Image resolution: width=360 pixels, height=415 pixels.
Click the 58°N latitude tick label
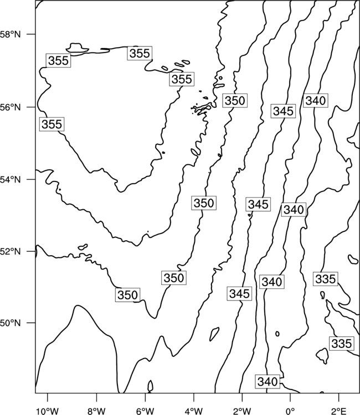point(10,34)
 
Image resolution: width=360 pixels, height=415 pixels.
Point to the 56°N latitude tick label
point(10,107)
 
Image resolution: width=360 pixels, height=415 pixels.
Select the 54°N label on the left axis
point(10,180)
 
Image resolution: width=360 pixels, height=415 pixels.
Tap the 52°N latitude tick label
point(10,251)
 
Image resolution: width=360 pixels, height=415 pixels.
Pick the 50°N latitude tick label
point(10,323)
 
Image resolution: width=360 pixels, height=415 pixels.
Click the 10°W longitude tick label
point(48,411)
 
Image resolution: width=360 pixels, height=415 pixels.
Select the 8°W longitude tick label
point(96,411)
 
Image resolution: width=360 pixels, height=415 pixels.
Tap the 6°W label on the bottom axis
point(145,411)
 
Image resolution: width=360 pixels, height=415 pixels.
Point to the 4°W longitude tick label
point(193,411)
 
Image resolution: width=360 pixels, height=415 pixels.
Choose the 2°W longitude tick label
point(242,411)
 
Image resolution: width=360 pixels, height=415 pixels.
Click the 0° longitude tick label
point(290,411)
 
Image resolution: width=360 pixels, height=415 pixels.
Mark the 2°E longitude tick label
point(339,411)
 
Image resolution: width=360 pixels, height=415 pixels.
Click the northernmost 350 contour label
point(235,101)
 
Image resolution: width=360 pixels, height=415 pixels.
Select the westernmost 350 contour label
point(127,295)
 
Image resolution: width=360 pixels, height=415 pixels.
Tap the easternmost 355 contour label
point(182,79)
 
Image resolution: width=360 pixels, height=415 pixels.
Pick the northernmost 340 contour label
point(316,101)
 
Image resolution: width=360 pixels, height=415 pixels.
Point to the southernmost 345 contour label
point(239,293)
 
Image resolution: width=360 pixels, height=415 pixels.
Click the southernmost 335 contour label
point(342,344)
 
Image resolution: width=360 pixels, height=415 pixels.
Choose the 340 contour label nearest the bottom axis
point(268,382)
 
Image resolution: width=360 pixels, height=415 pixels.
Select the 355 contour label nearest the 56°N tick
point(52,124)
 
